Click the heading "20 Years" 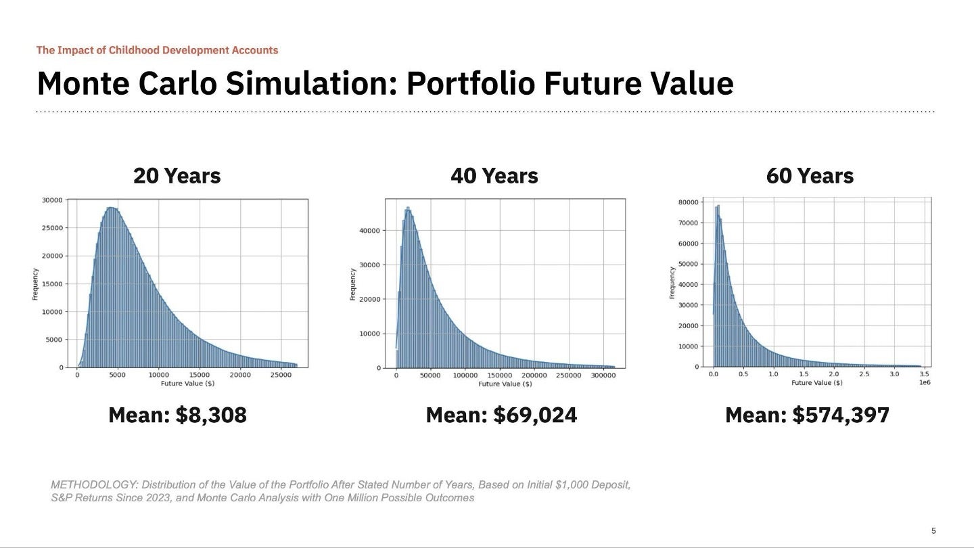coord(177,176)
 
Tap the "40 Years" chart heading coord(494,176)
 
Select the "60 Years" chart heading coord(810,176)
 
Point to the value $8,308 coord(211,415)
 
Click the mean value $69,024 coord(535,415)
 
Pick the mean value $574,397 coord(841,415)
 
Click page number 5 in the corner coord(933,531)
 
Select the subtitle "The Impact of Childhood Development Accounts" coord(157,50)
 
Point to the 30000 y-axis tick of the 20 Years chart coord(52,200)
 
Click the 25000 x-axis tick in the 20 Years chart coord(281,375)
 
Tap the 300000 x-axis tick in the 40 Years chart coord(603,375)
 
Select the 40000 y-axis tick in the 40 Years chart coord(369,231)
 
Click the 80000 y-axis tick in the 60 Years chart coord(689,202)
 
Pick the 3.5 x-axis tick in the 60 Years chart coord(925,374)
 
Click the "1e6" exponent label coord(925,383)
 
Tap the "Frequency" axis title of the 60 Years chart coord(672,283)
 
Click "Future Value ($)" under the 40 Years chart coord(505,384)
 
